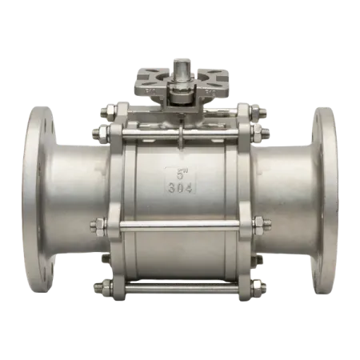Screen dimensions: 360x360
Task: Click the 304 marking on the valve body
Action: point(181,188)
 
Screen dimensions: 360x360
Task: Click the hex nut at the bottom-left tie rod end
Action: point(106,286)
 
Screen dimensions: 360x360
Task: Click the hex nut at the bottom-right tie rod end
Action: point(258,286)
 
